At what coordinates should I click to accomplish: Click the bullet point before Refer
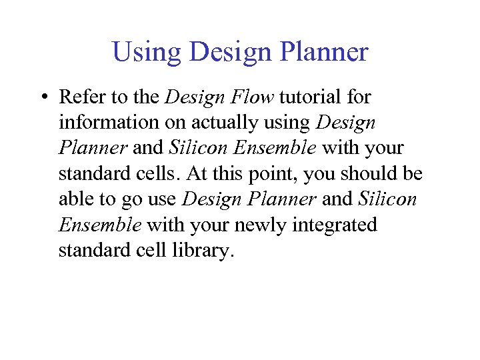point(43,98)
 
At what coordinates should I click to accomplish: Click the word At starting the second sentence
point(197,173)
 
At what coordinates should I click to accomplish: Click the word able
point(73,199)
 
